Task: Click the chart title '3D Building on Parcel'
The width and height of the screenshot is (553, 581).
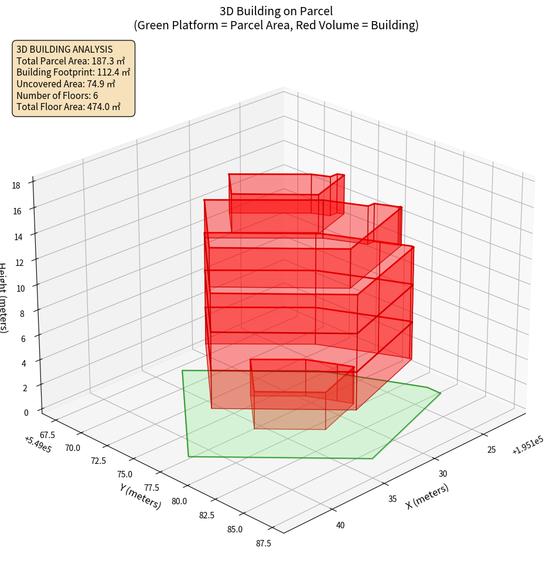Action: tap(276, 11)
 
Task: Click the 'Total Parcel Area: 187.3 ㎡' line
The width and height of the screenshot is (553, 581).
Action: tap(71, 61)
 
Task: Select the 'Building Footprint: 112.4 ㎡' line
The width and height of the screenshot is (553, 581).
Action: tap(73, 72)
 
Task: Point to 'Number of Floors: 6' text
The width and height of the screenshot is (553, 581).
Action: tap(57, 95)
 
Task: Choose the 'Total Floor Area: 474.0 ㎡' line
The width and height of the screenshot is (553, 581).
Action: tap(69, 107)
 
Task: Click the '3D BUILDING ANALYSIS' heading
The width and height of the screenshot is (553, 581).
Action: tap(64, 49)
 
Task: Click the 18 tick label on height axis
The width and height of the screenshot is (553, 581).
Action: tap(16, 186)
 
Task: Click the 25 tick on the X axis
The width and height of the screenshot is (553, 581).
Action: tap(491, 450)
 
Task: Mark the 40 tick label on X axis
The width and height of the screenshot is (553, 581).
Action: tap(340, 525)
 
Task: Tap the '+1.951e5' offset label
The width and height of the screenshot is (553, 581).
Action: tap(527, 445)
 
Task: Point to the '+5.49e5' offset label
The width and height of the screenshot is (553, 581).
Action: tap(37, 445)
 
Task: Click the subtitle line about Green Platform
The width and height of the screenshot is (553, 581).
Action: tap(276, 25)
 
